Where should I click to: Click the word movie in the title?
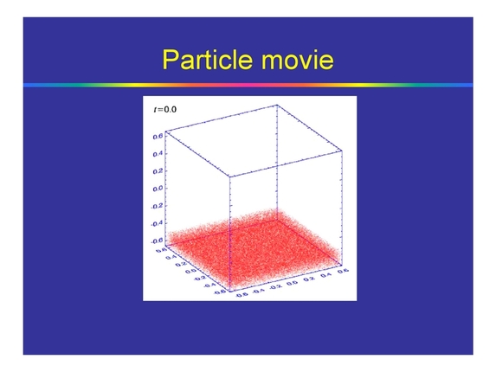295,60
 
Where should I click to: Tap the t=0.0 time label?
162,111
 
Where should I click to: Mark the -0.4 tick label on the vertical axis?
158,224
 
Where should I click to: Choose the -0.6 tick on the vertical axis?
158,241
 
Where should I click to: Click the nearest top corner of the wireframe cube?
228,176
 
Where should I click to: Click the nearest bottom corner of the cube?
228,297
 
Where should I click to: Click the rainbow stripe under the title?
248,85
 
